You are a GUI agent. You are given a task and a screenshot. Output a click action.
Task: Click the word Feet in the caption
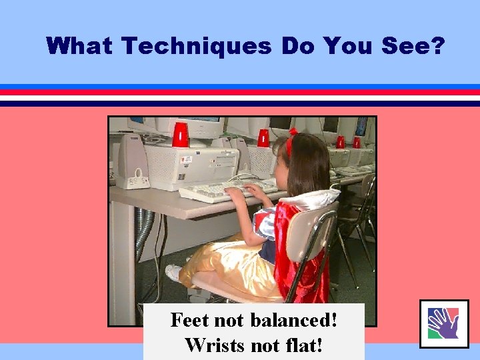pos(190,320)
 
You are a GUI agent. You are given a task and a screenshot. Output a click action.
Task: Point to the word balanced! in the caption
pos(293,320)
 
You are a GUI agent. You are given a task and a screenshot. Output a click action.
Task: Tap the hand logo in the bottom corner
pos(443,324)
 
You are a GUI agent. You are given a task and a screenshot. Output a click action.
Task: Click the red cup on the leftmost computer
pos(180,135)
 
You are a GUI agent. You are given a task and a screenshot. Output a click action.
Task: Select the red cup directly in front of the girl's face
pos(263,138)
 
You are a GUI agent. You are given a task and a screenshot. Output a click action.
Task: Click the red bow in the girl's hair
pos(291,141)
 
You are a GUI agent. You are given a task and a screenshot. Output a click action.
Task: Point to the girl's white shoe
pos(174,273)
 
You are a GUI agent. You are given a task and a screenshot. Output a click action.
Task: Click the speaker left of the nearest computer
pos(132,161)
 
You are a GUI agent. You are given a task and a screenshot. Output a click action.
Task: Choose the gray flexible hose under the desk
pos(143,233)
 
